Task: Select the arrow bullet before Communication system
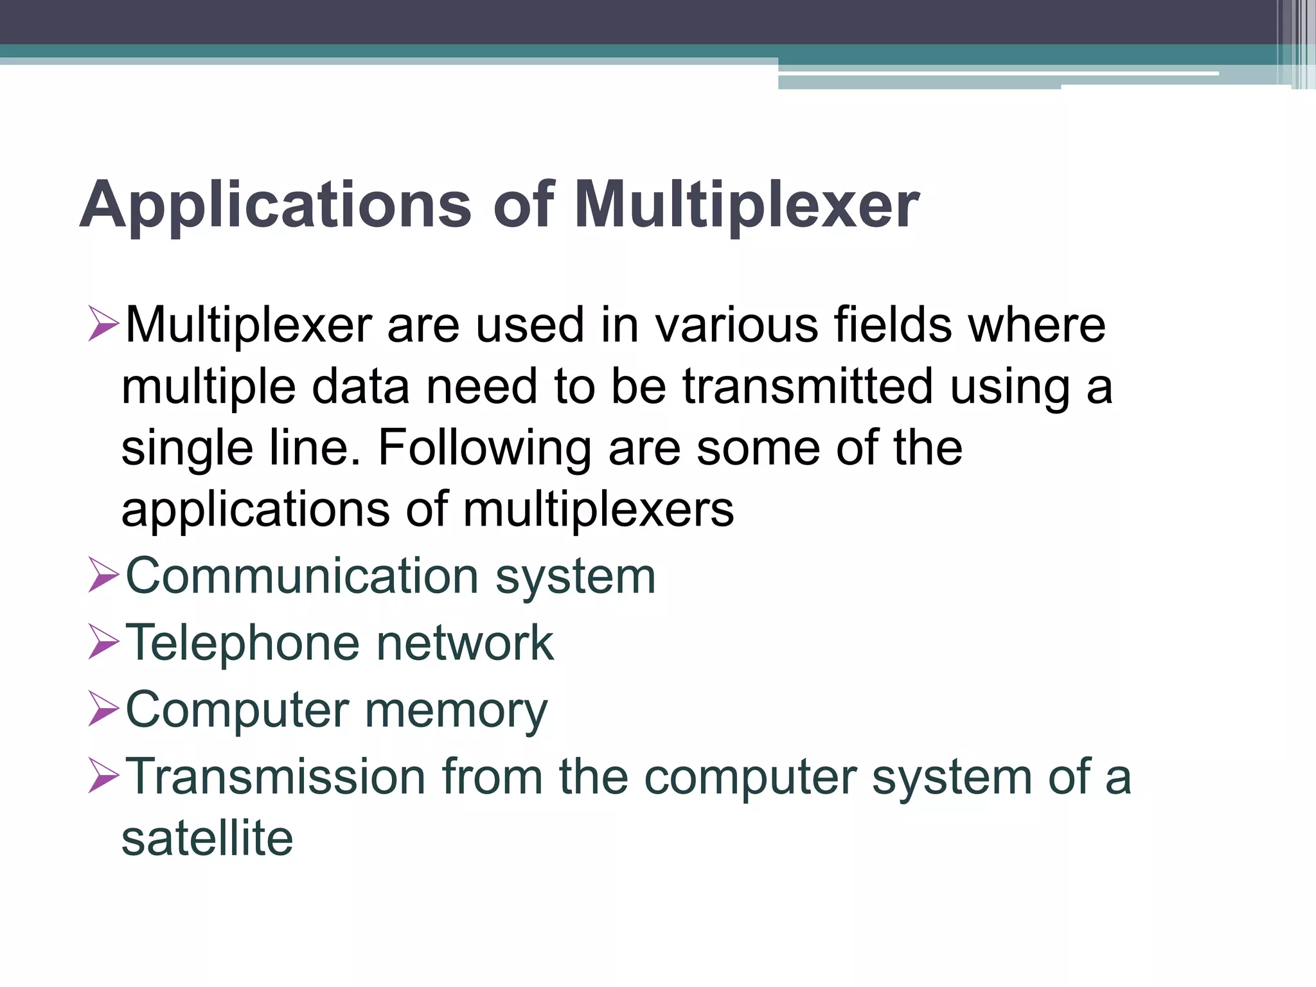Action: coord(103,575)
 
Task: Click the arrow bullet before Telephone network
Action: coord(103,642)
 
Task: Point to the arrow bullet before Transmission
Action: coord(103,776)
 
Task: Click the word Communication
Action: coord(302,576)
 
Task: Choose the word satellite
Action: coord(207,838)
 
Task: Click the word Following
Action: coord(485,449)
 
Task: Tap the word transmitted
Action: coord(807,387)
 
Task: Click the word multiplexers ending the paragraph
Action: coord(598,510)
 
